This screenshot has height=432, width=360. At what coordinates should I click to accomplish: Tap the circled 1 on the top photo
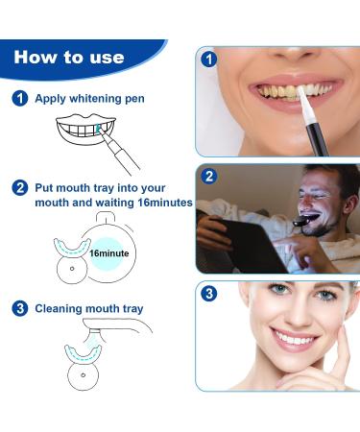click(210, 59)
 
